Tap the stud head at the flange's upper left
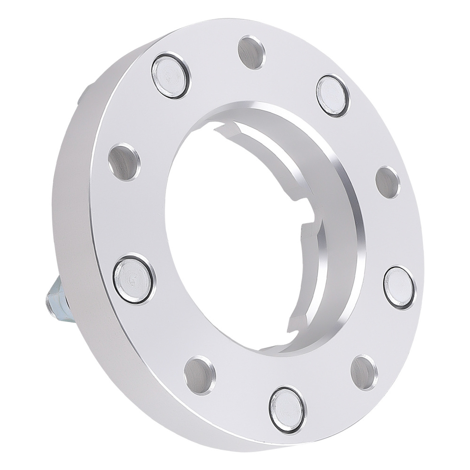pyautogui.click(x=170, y=75)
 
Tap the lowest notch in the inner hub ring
pyautogui.click(x=301, y=320)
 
